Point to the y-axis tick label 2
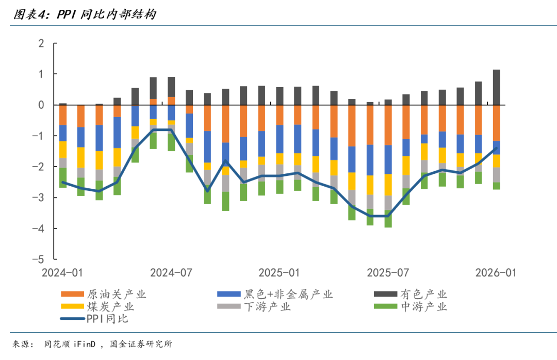click(41, 43)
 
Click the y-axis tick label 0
click(41, 105)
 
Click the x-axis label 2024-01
click(63, 272)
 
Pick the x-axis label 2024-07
click(171, 272)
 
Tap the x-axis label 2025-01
click(279, 272)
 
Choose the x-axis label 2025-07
click(387, 272)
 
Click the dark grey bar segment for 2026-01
click(496, 87)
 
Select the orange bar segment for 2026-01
click(496, 123)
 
